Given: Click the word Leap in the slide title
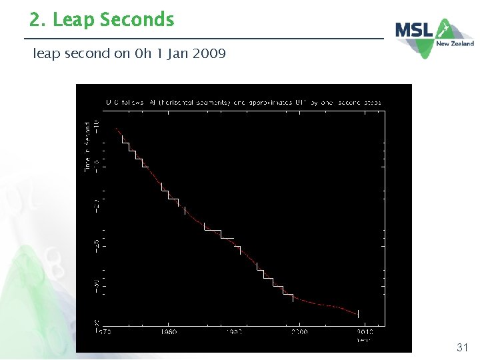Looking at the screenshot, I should pyautogui.click(x=74, y=20).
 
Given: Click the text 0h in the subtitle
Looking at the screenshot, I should pyautogui.click(x=141, y=53).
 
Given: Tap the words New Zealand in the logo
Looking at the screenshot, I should pyautogui.click(x=455, y=44).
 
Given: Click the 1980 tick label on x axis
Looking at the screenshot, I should pyautogui.click(x=169, y=331).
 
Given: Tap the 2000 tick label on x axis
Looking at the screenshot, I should pyautogui.click(x=299, y=331).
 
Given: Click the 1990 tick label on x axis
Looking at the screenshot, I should pyautogui.click(x=234, y=331).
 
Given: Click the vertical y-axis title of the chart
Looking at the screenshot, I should pyautogui.click(x=87, y=147).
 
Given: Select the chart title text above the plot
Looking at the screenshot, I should pyautogui.click(x=243, y=103).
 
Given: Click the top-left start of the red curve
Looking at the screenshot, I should pyautogui.click(x=116, y=129).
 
